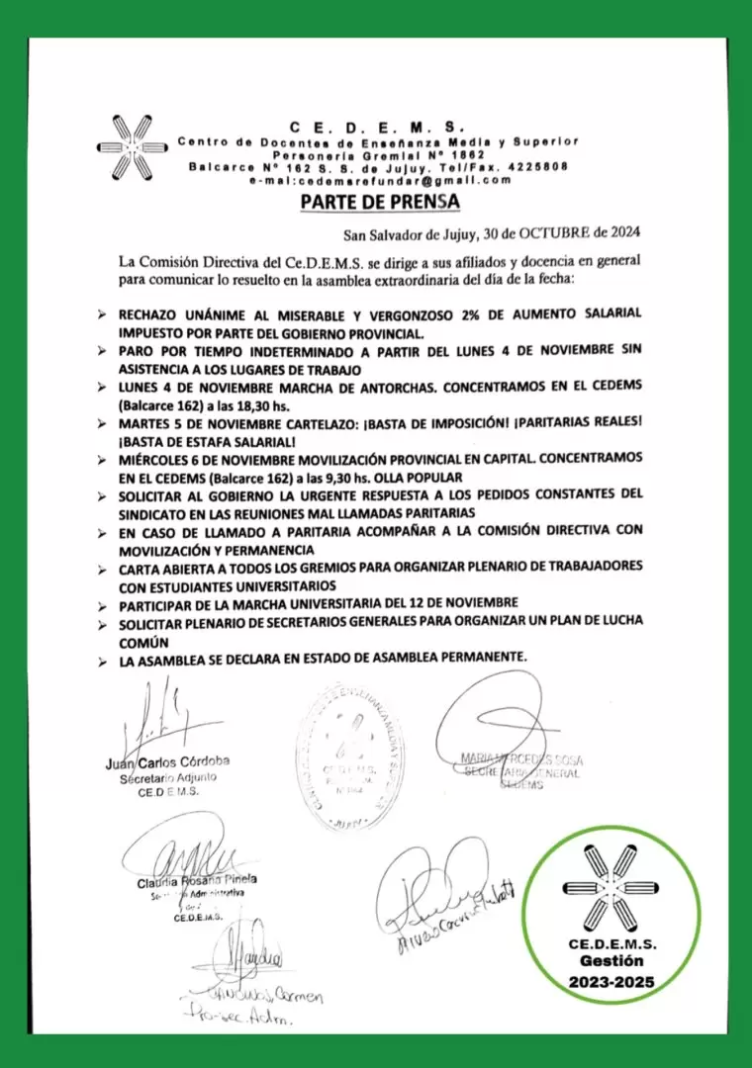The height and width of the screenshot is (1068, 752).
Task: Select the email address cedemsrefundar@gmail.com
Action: [x=381, y=180]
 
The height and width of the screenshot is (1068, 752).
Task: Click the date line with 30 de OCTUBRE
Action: [x=491, y=233]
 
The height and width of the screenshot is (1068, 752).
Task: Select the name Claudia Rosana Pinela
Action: [x=197, y=879]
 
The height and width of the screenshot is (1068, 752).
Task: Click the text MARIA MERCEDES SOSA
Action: [x=521, y=759]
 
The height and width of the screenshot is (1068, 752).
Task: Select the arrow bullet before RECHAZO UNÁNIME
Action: [x=102, y=314]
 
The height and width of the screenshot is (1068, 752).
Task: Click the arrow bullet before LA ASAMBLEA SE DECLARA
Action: [x=102, y=659]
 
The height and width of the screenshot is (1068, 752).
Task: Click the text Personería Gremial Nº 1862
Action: [x=379, y=155]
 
